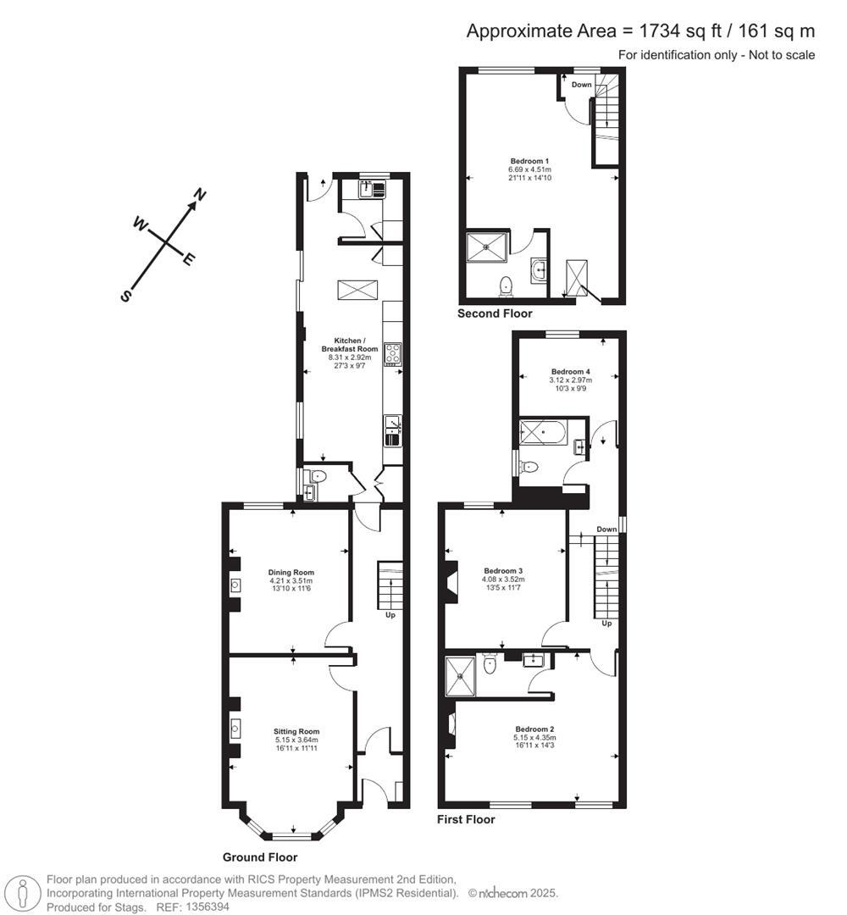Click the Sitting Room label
coord(296,731)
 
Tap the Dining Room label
coord(291,572)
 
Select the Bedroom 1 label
coord(529,161)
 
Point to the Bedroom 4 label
coord(570,372)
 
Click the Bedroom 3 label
coord(503,570)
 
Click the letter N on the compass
coord(201,196)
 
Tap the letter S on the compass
coord(126,296)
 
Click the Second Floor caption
coord(495,313)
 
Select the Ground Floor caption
coord(260,857)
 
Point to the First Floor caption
coord(466,819)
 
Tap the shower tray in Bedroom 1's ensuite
coord(487,247)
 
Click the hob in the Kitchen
coord(392,353)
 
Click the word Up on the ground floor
coord(390,615)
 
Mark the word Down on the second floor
coord(582,85)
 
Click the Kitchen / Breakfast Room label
coord(349,344)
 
